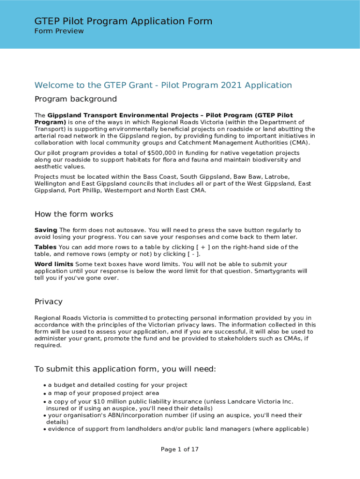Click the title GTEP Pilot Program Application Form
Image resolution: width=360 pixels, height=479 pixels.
tap(123, 21)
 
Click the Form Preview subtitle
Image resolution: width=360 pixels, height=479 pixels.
tap(59, 31)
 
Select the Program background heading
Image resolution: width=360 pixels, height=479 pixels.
tap(75, 99)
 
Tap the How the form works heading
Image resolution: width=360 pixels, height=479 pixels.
tap(73, 214)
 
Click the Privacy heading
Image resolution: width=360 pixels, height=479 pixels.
tap(48, 302)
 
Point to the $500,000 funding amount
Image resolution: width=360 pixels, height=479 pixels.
tap(162, 153)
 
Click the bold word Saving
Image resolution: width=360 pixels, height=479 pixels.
tap(45, 230)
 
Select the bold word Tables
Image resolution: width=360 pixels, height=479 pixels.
tap(45, 247)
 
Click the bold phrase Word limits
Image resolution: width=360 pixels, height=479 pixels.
tap(53, 264)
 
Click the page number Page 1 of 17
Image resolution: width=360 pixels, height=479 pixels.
tap(180, 450)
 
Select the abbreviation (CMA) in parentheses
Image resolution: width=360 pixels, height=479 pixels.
tap(299, 143)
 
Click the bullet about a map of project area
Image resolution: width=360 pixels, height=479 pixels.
tap(103, 393)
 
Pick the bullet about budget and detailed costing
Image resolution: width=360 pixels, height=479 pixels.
tap(117, 385)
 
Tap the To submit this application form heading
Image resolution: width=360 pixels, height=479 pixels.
tap(125, 369)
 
